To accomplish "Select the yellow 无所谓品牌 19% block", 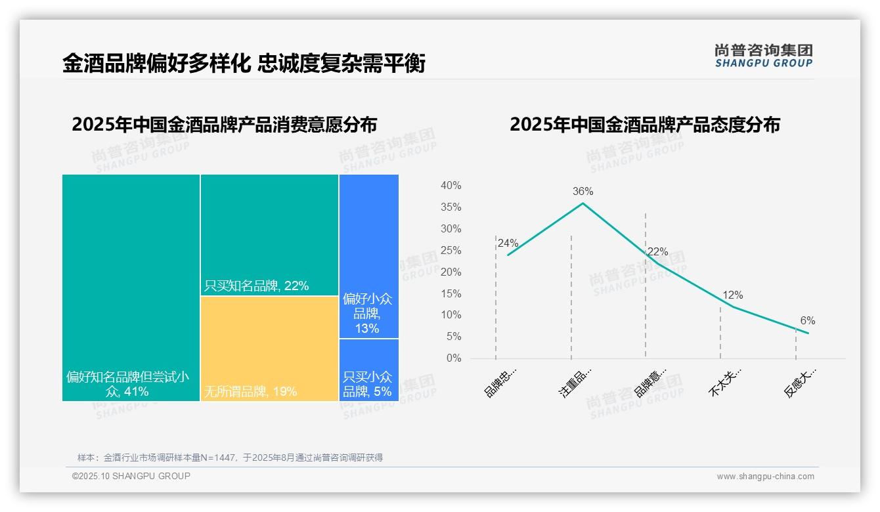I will pos(269,348).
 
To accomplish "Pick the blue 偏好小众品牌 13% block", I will pos(368,256).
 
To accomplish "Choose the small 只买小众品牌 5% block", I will pos(368,370).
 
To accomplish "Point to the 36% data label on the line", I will pos(583,192).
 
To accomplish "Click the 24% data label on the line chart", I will pos(508,243).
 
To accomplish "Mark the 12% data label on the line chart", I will pos(732,295).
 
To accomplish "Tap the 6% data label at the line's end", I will pos(807,321).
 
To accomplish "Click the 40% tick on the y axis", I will pos(451,186).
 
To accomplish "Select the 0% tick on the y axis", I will pos(453,358).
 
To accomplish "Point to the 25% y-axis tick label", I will pos(451,251).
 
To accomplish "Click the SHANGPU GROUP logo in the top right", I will pos(763,56).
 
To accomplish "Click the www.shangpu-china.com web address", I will pos(765,477).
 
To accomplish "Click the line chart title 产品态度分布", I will pos(644,125).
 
